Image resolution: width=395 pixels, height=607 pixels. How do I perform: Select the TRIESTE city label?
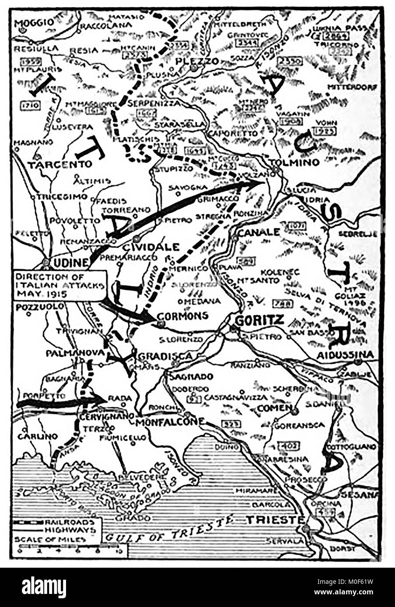click(x=275, y=520)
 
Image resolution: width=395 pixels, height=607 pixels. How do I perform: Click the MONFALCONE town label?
click(x=170, y=422)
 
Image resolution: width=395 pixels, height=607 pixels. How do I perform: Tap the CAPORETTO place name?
click(x=232, y=133)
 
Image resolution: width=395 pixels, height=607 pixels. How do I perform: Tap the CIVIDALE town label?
click(x=151, y=247)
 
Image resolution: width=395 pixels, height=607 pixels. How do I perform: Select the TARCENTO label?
click(x=60, y=164)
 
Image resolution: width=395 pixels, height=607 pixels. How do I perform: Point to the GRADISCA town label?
click(x=165, y=356)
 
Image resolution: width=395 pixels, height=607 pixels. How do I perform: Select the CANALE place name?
click(x=258, y=232)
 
